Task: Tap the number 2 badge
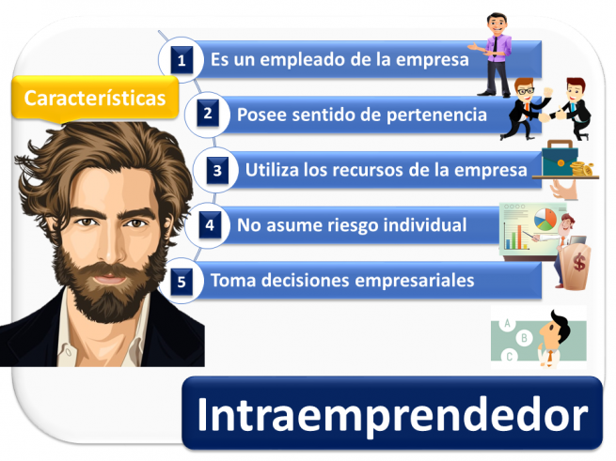pos(210,115)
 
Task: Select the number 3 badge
pos(217,170)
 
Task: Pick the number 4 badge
pos(210,225)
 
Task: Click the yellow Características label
pos(94,98)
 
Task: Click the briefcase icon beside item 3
pos(558,160)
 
